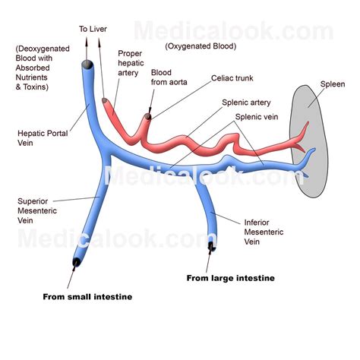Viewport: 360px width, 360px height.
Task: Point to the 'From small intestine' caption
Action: [87, 296]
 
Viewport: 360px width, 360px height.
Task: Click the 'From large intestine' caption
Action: [231, 278]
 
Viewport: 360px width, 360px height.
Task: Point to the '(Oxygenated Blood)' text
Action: [200, 46]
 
